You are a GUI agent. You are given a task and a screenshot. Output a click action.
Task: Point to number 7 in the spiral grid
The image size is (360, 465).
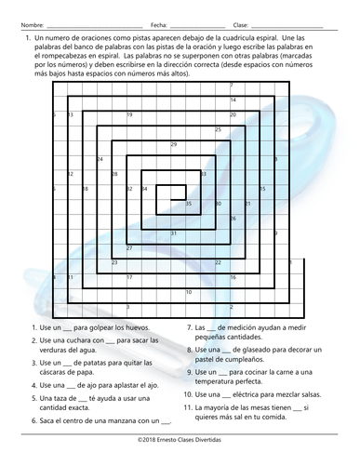231,86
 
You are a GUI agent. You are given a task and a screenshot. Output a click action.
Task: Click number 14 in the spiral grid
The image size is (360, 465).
233,100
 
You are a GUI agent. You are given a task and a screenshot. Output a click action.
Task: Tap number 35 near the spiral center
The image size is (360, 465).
189,203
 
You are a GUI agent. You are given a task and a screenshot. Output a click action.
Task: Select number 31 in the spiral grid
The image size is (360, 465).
174,232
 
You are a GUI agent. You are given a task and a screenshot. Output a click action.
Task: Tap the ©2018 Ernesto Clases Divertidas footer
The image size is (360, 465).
180,446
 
